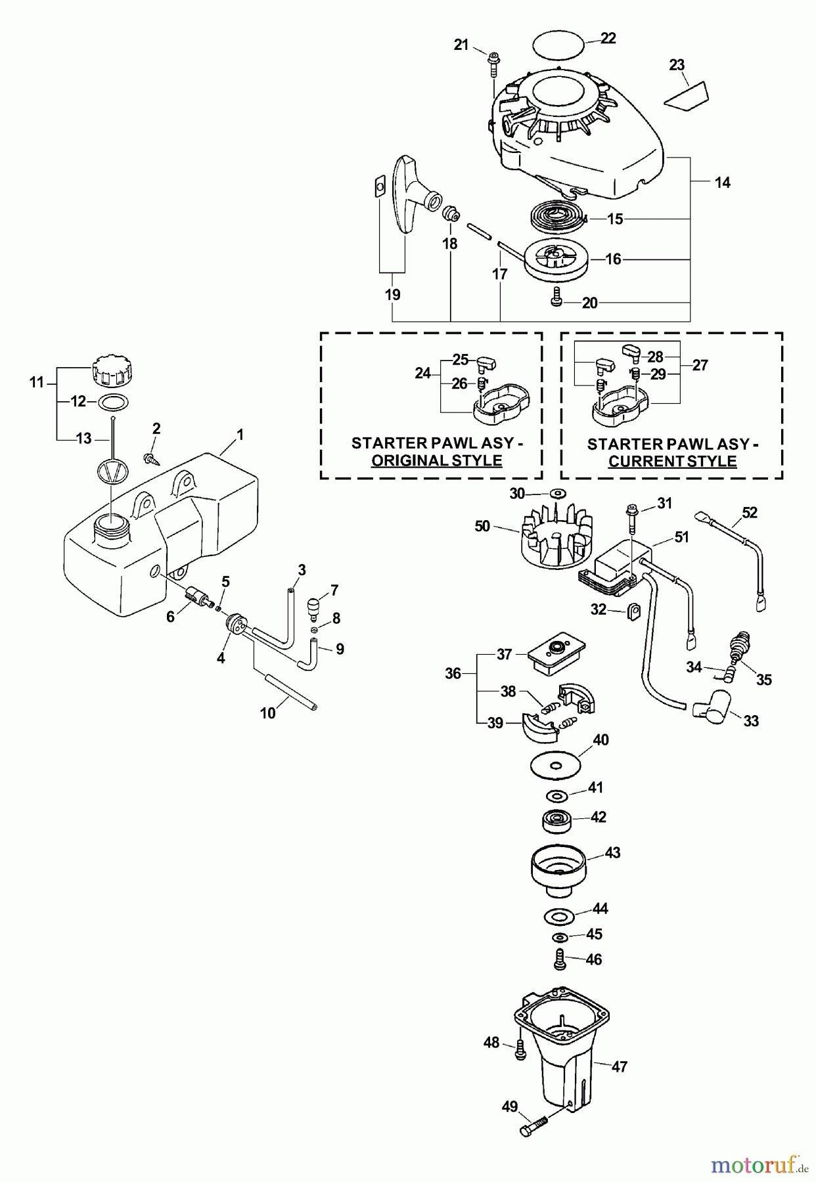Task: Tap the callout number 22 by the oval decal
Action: (x=608, y=39)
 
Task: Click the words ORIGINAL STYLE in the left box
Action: (x=436, y=460)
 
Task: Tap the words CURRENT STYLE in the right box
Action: (x=672, y=461)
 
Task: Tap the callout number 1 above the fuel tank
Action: (x=240, y=434)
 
